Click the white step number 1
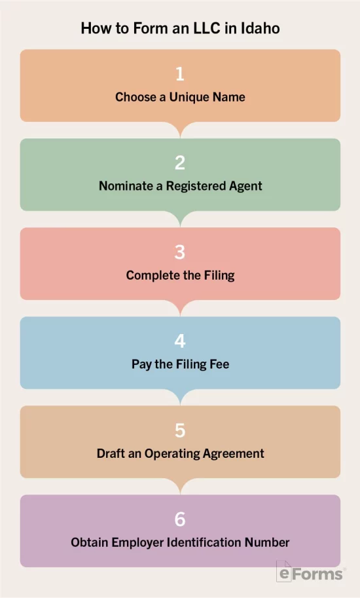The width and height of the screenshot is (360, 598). tap(180, 73)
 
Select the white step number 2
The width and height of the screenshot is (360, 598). tap(180, 163)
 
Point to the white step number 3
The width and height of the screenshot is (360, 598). tap(180, 252)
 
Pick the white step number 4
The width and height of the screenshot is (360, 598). tap(180, 341)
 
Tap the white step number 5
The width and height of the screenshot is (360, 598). tap(180, 430)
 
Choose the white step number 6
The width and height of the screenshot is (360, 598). tap(180, 519)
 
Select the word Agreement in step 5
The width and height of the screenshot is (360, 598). tap(233, 454)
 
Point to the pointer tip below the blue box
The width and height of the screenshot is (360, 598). tap(180, 404)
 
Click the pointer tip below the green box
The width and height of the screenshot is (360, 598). tap(180, 226)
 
